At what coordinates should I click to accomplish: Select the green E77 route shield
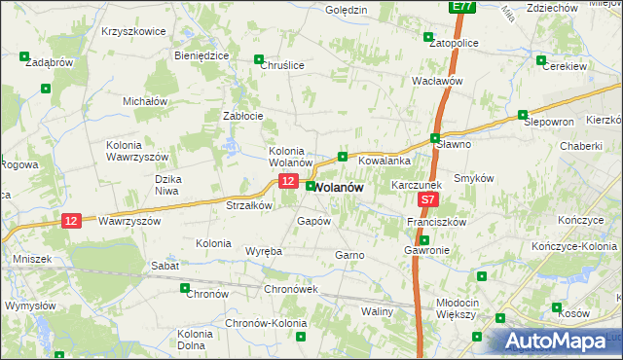point(462,6)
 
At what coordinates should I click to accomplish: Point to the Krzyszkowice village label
point(133,31)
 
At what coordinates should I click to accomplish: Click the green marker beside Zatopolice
point(428,38)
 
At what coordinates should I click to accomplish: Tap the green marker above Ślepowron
point(523,114)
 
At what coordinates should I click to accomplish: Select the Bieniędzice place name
point(202,55)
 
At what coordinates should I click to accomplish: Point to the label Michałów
point(146,100)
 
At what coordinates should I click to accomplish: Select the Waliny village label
point(377,311)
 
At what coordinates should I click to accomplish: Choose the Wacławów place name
point(436,81)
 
